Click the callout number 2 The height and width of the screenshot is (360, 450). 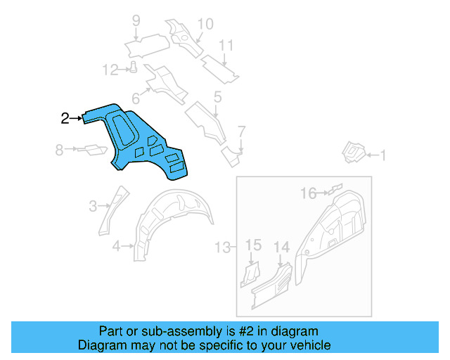(x=65, y=118)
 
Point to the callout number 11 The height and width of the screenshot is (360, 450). (x=225, y=46)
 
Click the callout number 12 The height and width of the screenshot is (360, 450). (x=110, y=70)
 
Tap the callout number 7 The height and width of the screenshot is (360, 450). (x=241, y=131)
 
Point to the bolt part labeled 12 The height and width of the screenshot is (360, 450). (x=132, y=67)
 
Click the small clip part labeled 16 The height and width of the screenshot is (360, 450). (x=335, y=188)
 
